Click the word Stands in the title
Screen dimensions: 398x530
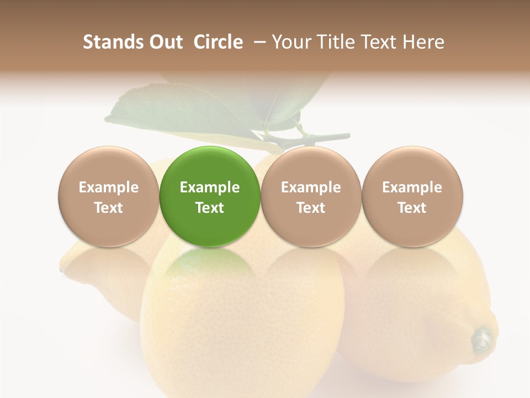pos(107,42)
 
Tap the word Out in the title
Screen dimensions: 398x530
pos(164,42)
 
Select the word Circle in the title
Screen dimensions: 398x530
pos(218,42)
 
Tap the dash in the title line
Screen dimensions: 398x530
pos(257,42)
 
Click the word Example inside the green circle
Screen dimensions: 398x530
pos(210,187)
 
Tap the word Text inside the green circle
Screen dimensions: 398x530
pos(210,208)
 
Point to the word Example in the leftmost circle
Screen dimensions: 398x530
pos(109,187)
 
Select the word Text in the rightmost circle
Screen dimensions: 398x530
pos(412,208)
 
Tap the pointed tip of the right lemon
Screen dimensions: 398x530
pos(483,338)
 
